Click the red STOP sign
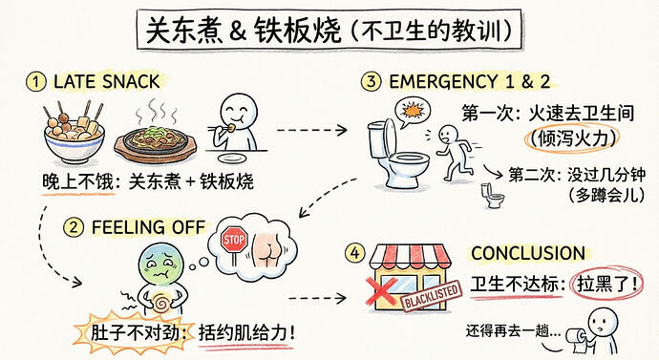coord(234,240)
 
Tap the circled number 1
coord(35,81)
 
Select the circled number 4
coord(355,253)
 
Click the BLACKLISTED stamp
coord(433,296)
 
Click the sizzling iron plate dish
coord(155,141)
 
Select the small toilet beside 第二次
coord(492,196)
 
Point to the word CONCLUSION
coord(528,253)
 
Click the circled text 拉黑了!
coord(606,284)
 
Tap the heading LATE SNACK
coord(106,81)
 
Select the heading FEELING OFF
coord(148,227)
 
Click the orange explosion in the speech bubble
coord(412,111)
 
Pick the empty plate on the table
coord(231,159)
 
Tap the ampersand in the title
coord(238,32)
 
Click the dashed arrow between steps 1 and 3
coord(311,130)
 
